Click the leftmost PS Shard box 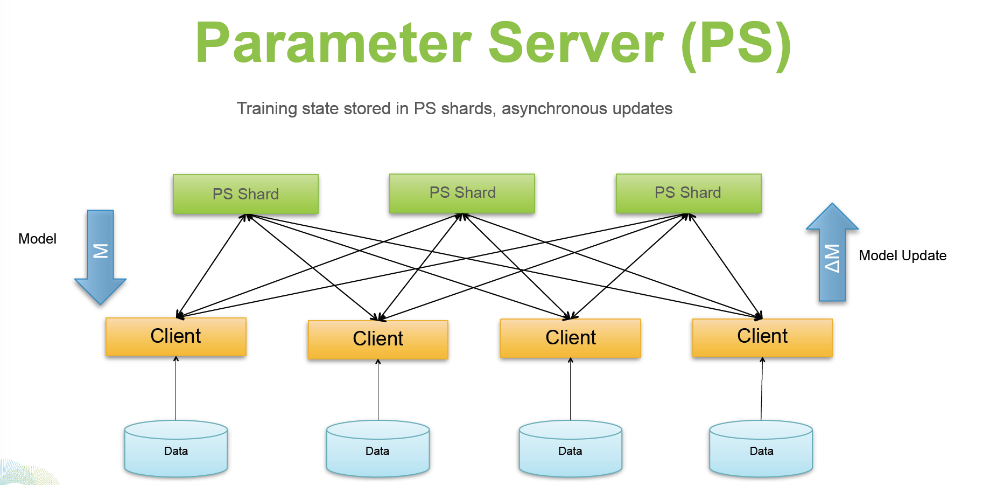tap(245, 194)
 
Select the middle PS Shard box tap(462, 193)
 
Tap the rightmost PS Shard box tap(688, 193)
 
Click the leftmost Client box tap(175, 336)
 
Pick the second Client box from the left tap(378, 339)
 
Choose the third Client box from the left tap(570, 338)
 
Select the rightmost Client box tap(762, 337)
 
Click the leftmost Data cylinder tap(175, 449)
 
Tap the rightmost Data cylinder tap(761, 449)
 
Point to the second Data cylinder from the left tap(377, 449)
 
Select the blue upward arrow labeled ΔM tap(832, 255)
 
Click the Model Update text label tap(902, 255)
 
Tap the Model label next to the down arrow tap(37, 239)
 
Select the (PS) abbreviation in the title tap(736, 44)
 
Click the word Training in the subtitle tap(267, 109)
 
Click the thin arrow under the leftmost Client tap(175, 388)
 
